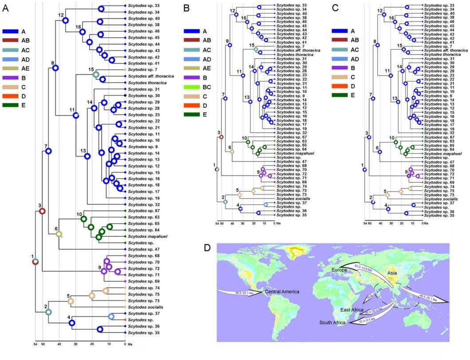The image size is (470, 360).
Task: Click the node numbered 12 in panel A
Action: tap(65, 20)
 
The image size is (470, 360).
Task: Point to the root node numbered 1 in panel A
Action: tap(36, 262)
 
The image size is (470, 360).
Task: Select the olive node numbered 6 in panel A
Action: tap(59, 234)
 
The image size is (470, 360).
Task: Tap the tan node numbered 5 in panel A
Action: tap(71, 301)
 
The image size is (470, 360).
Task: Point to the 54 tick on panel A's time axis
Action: tap(35, 344)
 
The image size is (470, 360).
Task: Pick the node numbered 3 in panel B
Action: tap(221, 137)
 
